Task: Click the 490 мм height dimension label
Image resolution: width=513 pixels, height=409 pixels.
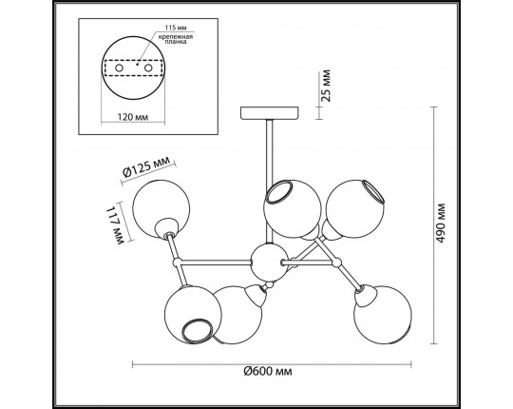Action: pyautogui.click(x=442, y=223)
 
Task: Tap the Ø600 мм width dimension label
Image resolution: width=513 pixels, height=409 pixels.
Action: pyautogui.click(x=268, y=371)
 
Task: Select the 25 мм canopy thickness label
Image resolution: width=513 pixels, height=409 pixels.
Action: pyautogui.click(x=326, y=86)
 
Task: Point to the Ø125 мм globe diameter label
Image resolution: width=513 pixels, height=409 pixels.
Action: pyautogui.click(x=146, y=166)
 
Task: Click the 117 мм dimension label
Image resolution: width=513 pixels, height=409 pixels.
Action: pyautogui.click(x=115, y=225)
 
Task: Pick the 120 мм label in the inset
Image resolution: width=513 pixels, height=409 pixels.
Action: pyautogui.click(x=133, y=117)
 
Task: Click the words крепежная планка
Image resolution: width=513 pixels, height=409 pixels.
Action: pyautogui.click(x=176, y=39)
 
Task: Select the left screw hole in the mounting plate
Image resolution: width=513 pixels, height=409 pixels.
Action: pyautogui.click(x=119, y=68)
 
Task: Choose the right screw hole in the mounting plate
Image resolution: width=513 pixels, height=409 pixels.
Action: pyautogui.click(x=148, y=68)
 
